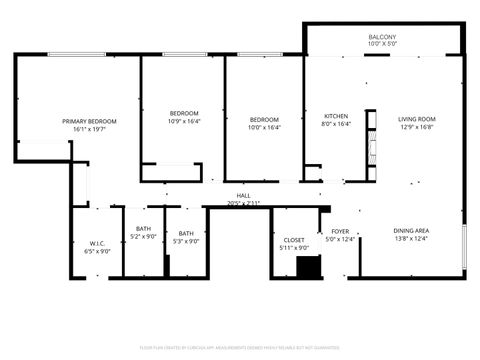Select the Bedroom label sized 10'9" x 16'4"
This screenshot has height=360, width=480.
click(183, 113)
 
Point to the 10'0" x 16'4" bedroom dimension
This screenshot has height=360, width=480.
click(264, 127)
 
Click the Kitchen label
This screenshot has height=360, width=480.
click(335, 117)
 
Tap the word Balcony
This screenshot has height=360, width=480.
click(383, 37)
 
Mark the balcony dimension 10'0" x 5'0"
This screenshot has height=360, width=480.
click(383, 45)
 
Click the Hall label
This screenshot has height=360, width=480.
click(243, 195)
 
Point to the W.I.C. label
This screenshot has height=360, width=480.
click(98, 243)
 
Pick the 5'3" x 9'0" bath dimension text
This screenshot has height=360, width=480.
click(186, 241)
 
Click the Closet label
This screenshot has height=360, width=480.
click(294, 240)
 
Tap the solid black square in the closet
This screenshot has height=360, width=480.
click(310, 267)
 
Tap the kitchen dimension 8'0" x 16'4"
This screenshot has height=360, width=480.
click(335, 125)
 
